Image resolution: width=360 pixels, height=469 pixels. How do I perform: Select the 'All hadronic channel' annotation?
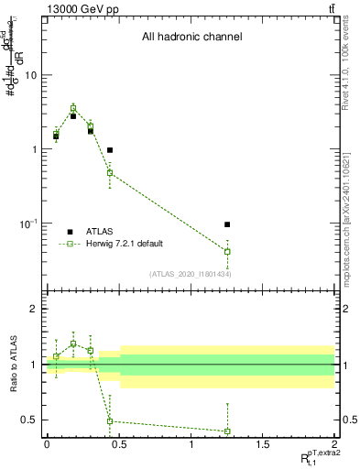tap(191, 38)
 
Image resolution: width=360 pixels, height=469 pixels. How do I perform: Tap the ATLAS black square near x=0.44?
tap(110, 149)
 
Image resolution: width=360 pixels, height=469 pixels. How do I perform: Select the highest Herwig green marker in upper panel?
tap(73, 108)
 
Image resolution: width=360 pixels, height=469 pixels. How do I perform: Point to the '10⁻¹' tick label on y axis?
tap(28, 223)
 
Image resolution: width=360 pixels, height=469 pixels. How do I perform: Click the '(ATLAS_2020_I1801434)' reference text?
tap(190, 274)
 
